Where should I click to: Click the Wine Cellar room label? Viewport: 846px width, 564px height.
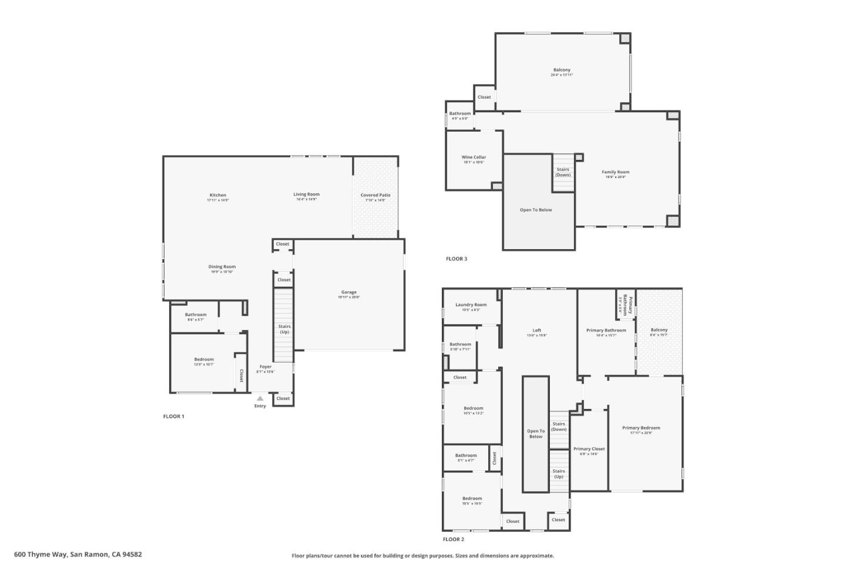pyautogui.click(x=474, y=157)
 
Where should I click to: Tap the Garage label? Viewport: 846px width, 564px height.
pyautogui.click(x=349, y=292)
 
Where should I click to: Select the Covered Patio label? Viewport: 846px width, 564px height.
pyautogui.click(x=375, y=195)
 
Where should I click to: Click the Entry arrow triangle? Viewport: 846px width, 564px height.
pyautogui.click(x=260, y=399)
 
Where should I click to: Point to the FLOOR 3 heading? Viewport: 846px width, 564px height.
pyautogui.click(x=456, y=259)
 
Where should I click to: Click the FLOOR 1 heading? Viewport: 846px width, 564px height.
pyautogui.click(x=174, y=417)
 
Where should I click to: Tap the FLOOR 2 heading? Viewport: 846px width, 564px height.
pyautogui.click(x=454, y=539)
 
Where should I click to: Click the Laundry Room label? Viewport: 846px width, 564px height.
pyautogui.click(x=471, y=305)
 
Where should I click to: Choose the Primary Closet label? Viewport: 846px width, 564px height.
pyautogui.click(x=589, y=449)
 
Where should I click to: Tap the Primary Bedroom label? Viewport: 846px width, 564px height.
pyautogui.click(x=641, y=428)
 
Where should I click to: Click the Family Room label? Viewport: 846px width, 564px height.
pyautogui.click(x=615, y=172)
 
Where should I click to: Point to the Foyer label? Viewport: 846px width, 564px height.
pyautogui.click(x=266, y=367)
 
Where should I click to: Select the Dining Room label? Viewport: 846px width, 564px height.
pyautogui.click(x=222, y=267)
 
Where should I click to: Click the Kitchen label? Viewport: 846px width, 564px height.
pyautogui.click(x=218, y=195)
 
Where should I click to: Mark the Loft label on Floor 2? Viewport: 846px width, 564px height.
pyautogui.click(x=537, y=330)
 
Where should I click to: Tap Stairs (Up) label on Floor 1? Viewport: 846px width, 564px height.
pyautogui.click(x=284, y=329)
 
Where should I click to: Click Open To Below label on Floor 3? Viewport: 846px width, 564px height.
pyautogui.click(x=536, y=210)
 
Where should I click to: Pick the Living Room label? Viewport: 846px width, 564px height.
pyautogui.click(x=307, y=194)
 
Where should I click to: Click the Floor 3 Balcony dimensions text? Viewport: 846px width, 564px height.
pyautogui.click(x=562, y=75)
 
